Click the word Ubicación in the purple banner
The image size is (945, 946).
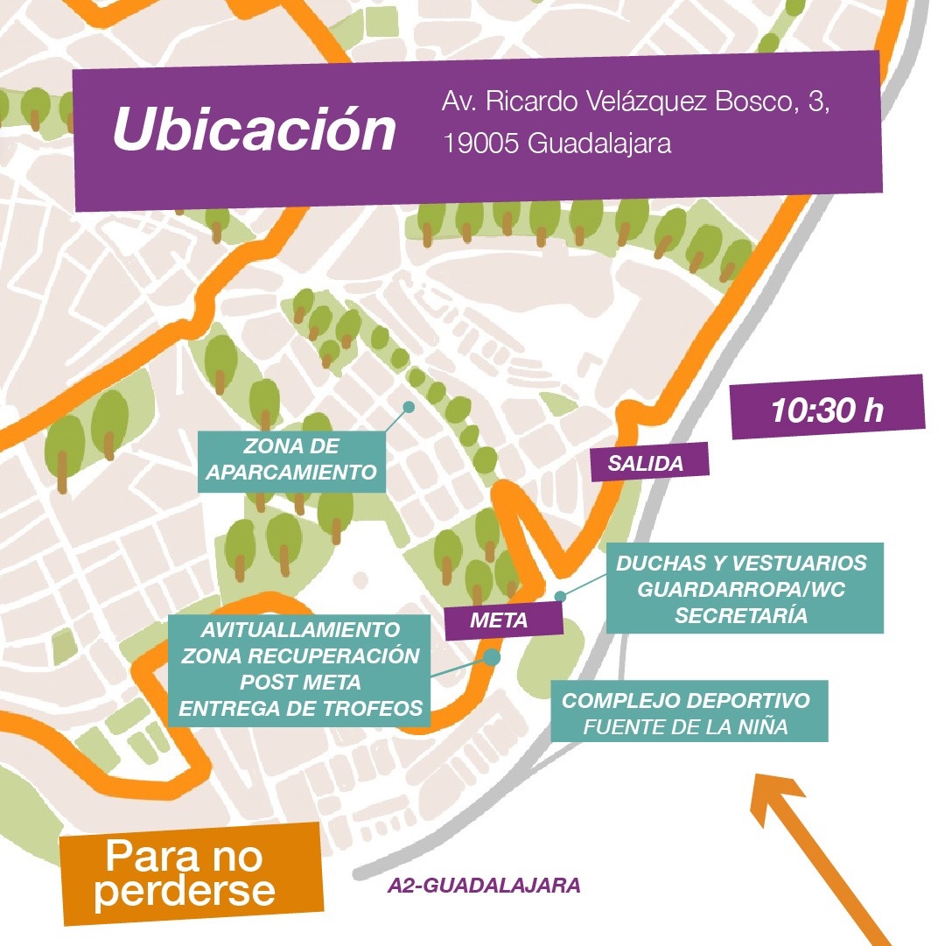(x=255, y=130)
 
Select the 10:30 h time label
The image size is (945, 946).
(x=827, y=410)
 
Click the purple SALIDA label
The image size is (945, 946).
(x=646, y=464)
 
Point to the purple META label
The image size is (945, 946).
(x=499, y=621)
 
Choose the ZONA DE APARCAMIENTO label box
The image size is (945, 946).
(x=292, y=460)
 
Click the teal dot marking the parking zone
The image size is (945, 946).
(x=407, y=407)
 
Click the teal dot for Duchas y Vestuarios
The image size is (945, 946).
(x=561, y=596)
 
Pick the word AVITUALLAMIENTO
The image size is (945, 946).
(x=300, y=630)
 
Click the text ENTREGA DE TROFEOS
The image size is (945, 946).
(x=300, y=709)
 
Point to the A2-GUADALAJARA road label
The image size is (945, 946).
(x=483, y=885)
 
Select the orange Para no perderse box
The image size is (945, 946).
(x=191, y=873)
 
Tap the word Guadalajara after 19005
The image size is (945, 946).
(x=599, y=144)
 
